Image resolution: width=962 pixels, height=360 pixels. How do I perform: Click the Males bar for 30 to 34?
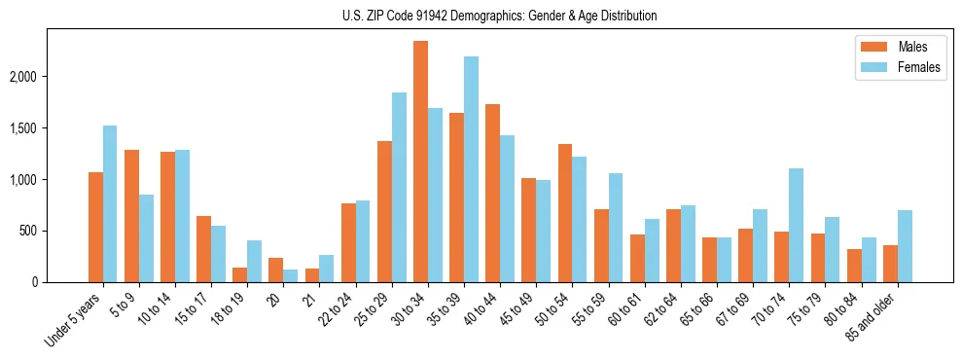pyautogui.click(x=420, y=162)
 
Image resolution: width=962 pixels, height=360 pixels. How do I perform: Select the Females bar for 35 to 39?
pyautogui.click(x=471, y=169)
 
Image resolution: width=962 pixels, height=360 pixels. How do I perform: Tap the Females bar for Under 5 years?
pyautogui.click(x=110, y=204)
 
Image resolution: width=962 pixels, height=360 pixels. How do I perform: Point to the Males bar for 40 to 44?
pyautogui.click(x=492, y=193)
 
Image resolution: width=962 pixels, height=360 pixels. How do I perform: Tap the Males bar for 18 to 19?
pyautogui.click(x=239, y=274)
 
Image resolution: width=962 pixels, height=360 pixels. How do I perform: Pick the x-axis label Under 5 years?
pyautogui.click(x=77, y=320)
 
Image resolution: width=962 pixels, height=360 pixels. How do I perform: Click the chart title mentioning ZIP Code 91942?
pyautogui.click(x=500, y=16)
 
